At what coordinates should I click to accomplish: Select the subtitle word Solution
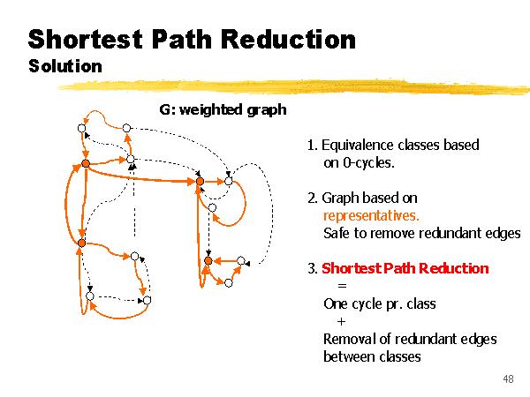coord(65,66)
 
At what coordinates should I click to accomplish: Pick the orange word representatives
coord(371,215)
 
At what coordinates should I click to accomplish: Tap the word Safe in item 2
coord(337,233)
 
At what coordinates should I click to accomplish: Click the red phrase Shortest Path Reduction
coord(405,268)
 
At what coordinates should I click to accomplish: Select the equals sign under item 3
coord(342,286)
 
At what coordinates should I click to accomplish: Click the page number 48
coord(507,379)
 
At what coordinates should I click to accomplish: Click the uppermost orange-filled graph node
coord(86,163)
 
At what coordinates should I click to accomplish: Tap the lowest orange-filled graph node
coord(208,260)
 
